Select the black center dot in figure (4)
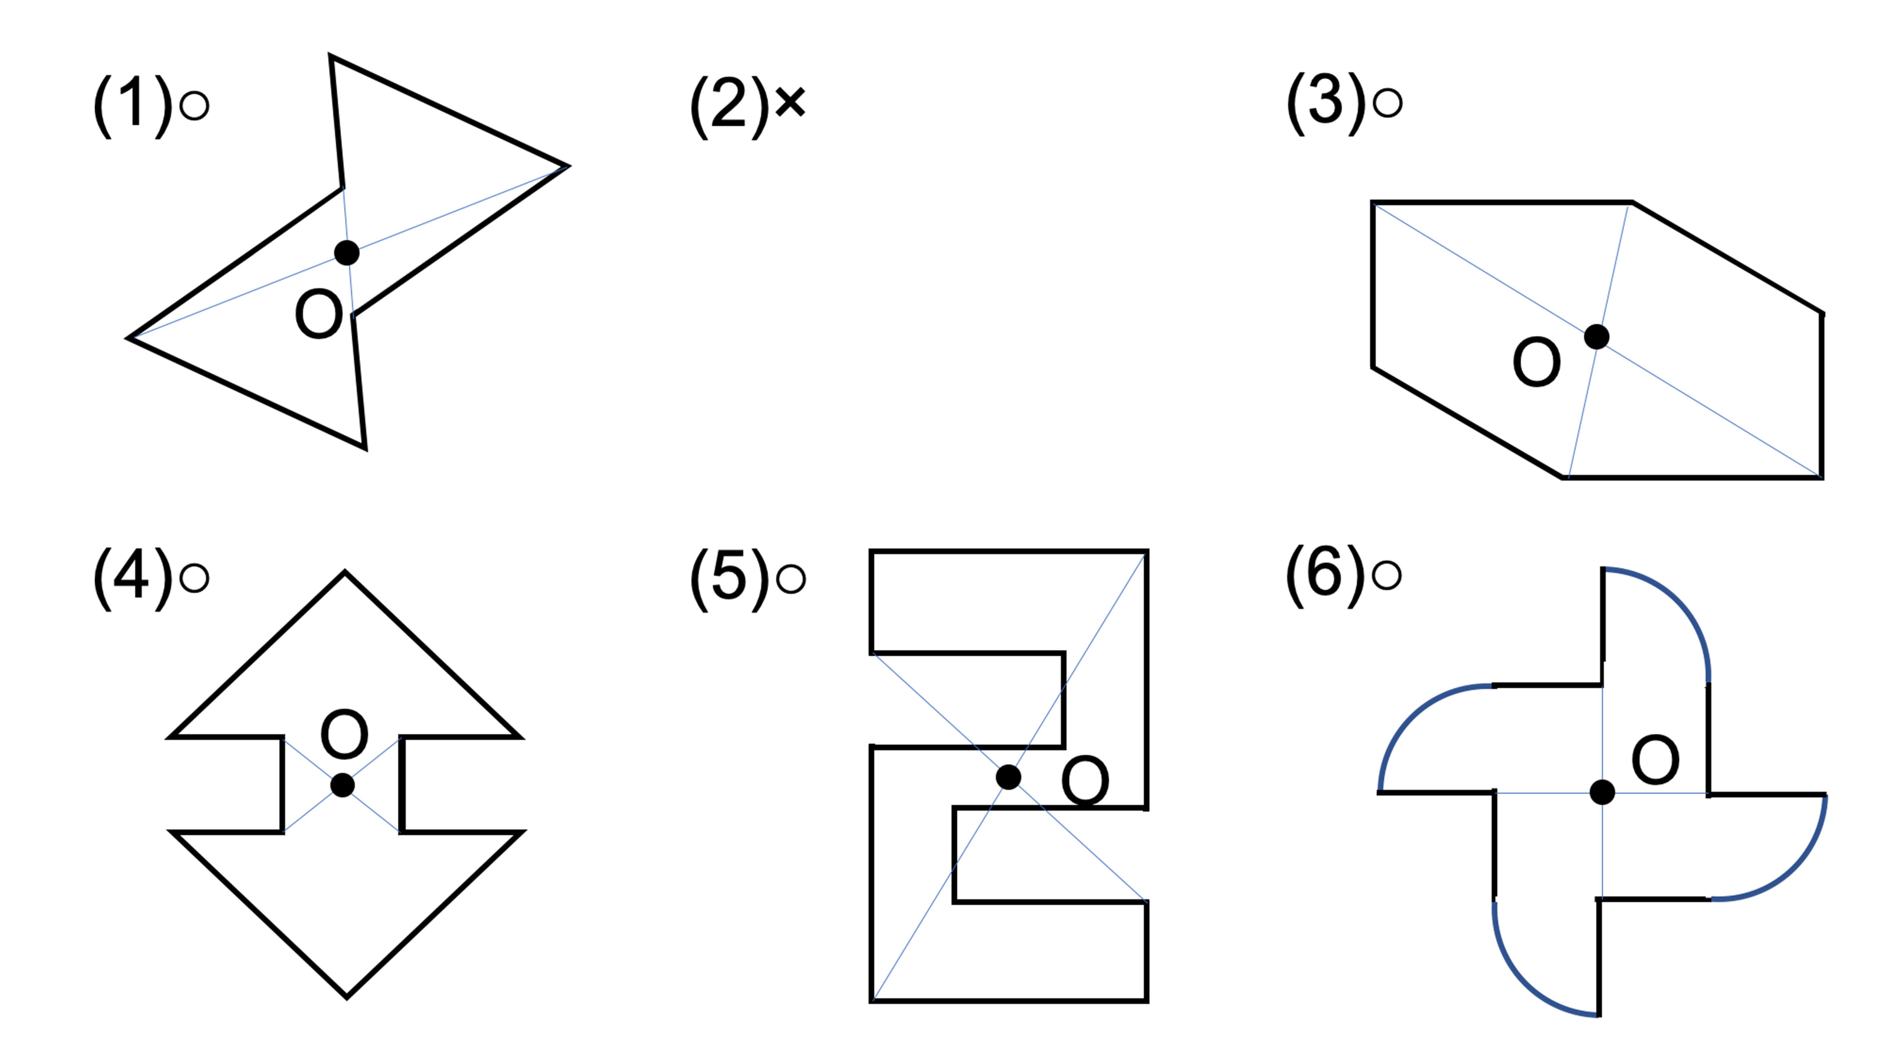[342, 785]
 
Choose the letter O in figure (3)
[1537, 361]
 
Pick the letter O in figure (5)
[1086, 781]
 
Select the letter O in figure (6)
[1656, 759]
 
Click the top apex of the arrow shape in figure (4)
[345, 573]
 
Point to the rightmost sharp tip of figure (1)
[568, 166]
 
